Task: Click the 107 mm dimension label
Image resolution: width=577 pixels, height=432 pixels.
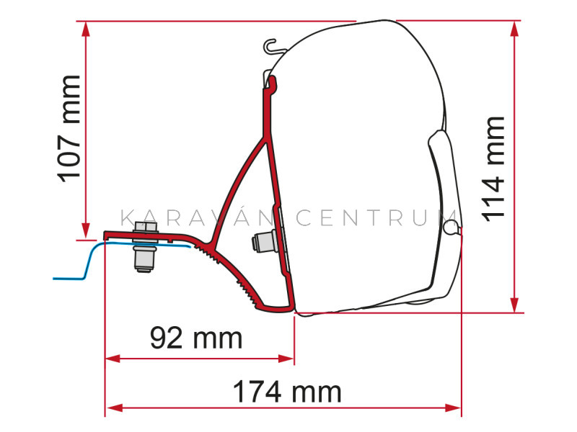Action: [69, 129]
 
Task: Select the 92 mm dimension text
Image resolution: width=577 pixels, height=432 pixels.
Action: [196, 338]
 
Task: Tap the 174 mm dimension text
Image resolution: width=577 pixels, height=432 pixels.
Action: [287, 392]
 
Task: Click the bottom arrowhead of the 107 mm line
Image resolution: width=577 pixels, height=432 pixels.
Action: [86, 230]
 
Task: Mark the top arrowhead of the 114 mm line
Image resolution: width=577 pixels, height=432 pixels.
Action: [515, 29]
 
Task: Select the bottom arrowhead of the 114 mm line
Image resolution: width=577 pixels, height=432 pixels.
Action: [515, 305]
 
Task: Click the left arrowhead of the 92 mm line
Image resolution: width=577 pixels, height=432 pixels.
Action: [113, 358]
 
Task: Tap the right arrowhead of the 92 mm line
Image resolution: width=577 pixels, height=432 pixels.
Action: [286, 358]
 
